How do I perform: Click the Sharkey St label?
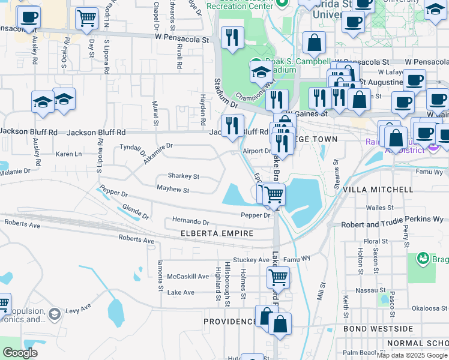[x=183, y=176]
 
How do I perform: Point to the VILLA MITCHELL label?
[x=378, y=190]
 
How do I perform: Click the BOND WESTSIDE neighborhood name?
[x=378, y=329]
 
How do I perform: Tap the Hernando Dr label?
[x=190, y=221]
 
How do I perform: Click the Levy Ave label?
[x=77, y=310]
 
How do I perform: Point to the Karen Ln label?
[x=68, y=154]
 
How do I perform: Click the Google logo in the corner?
[x=20, y=353]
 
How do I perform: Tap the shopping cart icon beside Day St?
[x=87, y=19]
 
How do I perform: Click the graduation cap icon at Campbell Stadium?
[x=261, y=73]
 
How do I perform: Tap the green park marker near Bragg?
[x=424, y=260]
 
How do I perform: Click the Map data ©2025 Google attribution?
[x=411, y=355]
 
